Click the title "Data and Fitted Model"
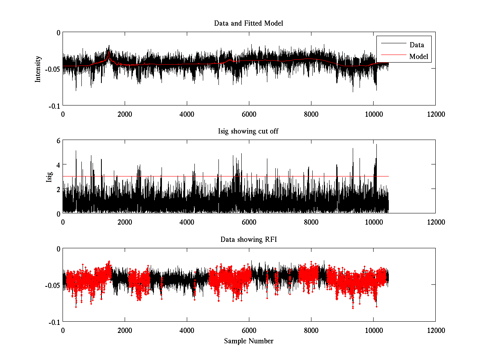pos(249,23)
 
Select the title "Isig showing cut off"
pos(249,132)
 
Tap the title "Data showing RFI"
pos(249,239)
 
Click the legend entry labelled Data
pos(416,45)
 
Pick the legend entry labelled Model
pos(418,57)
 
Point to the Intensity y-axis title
pos(38,69)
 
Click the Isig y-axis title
pos(49,176)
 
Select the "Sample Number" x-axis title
pos(249,341)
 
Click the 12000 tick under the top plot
pos(435,114)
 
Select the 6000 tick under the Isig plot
pos(249,222)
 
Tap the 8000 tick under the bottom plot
pos(311,330)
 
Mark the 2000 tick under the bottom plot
pos(125,330)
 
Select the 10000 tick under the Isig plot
pos(373,222)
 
